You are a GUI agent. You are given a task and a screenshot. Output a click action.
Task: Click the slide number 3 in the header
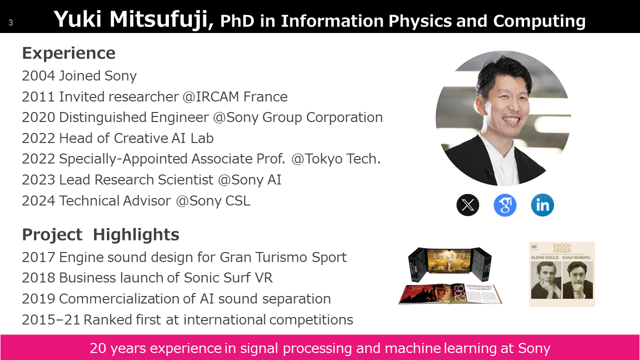(x=10, y=22)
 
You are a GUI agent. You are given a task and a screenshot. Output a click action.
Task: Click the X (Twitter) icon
(x=468, y=204)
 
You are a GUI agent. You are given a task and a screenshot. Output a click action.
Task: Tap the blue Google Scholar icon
(x=505, y=205)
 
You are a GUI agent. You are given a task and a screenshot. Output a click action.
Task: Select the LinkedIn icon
(x=542, y=204)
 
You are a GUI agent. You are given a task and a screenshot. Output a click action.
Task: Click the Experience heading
(x=69, y=53)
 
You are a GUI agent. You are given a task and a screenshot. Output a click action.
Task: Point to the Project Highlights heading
(x=100, y=235)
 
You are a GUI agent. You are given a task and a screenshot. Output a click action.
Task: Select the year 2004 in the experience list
(x=38, y=76)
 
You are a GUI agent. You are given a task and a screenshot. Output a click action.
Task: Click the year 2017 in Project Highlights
(x=38, y=257)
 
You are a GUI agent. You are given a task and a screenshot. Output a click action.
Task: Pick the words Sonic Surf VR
(x=228, y=277)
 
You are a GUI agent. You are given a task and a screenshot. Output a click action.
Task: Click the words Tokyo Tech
(x=343, y=159)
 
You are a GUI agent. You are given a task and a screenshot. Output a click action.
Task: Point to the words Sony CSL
(x=219, y=200)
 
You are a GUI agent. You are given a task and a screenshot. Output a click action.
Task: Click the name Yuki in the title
(x=77, y=19)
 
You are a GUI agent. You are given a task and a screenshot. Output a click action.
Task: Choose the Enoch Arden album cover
(x=562, y=274)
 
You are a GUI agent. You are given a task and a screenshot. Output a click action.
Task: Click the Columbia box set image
(x=450, y=275)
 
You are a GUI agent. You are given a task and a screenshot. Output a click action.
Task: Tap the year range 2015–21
(x=50, y=319)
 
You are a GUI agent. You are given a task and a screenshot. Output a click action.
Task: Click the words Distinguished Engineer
(x=134, y=117)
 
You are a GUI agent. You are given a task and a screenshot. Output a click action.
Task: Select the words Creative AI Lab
(x=164, y=138)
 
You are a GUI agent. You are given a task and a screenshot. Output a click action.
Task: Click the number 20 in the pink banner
(x=97, y=348)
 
